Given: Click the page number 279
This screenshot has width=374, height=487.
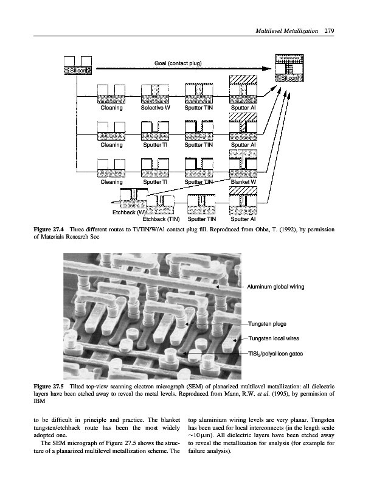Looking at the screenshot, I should (x=329, y=30).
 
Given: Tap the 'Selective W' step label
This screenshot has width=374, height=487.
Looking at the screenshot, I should (x=155, y=108).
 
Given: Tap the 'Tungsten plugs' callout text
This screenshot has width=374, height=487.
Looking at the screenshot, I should (x=268, y=324).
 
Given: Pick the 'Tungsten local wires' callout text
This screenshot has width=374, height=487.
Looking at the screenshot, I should (x=275, y=338).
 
